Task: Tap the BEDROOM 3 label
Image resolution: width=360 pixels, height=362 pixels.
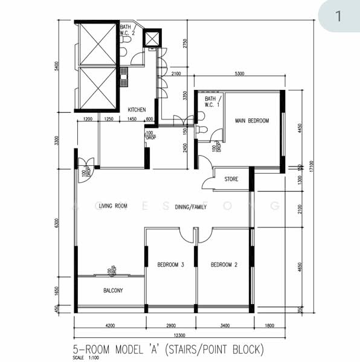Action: tap(170, 264)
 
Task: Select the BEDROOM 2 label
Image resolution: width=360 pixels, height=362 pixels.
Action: tap(223, 264)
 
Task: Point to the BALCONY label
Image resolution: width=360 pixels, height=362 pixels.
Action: tap(113, 291)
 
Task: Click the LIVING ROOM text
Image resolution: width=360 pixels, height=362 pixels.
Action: tap(113, 206)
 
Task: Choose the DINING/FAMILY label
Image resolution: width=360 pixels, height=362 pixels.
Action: tap(191, 207)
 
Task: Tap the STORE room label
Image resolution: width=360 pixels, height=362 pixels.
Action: tap(231, 179)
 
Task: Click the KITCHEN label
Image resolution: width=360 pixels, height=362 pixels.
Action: tap(137, 110)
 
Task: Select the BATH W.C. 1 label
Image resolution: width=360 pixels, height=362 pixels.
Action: tap(210, 101)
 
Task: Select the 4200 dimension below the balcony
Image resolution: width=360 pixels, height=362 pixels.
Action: tap(109, 325)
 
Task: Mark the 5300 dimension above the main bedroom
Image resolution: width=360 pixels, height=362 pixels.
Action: tap(239, 74)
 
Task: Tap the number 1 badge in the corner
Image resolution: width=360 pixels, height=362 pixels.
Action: tap(338, 16)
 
